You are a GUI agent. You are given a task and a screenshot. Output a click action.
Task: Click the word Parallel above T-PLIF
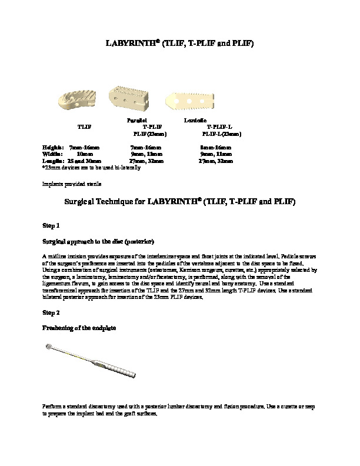point(136,119)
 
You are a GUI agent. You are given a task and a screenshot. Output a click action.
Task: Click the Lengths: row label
point(54,160)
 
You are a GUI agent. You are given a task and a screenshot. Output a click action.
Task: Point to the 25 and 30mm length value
point(84,160)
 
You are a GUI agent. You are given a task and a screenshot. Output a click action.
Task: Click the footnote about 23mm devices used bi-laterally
point(91,167)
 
